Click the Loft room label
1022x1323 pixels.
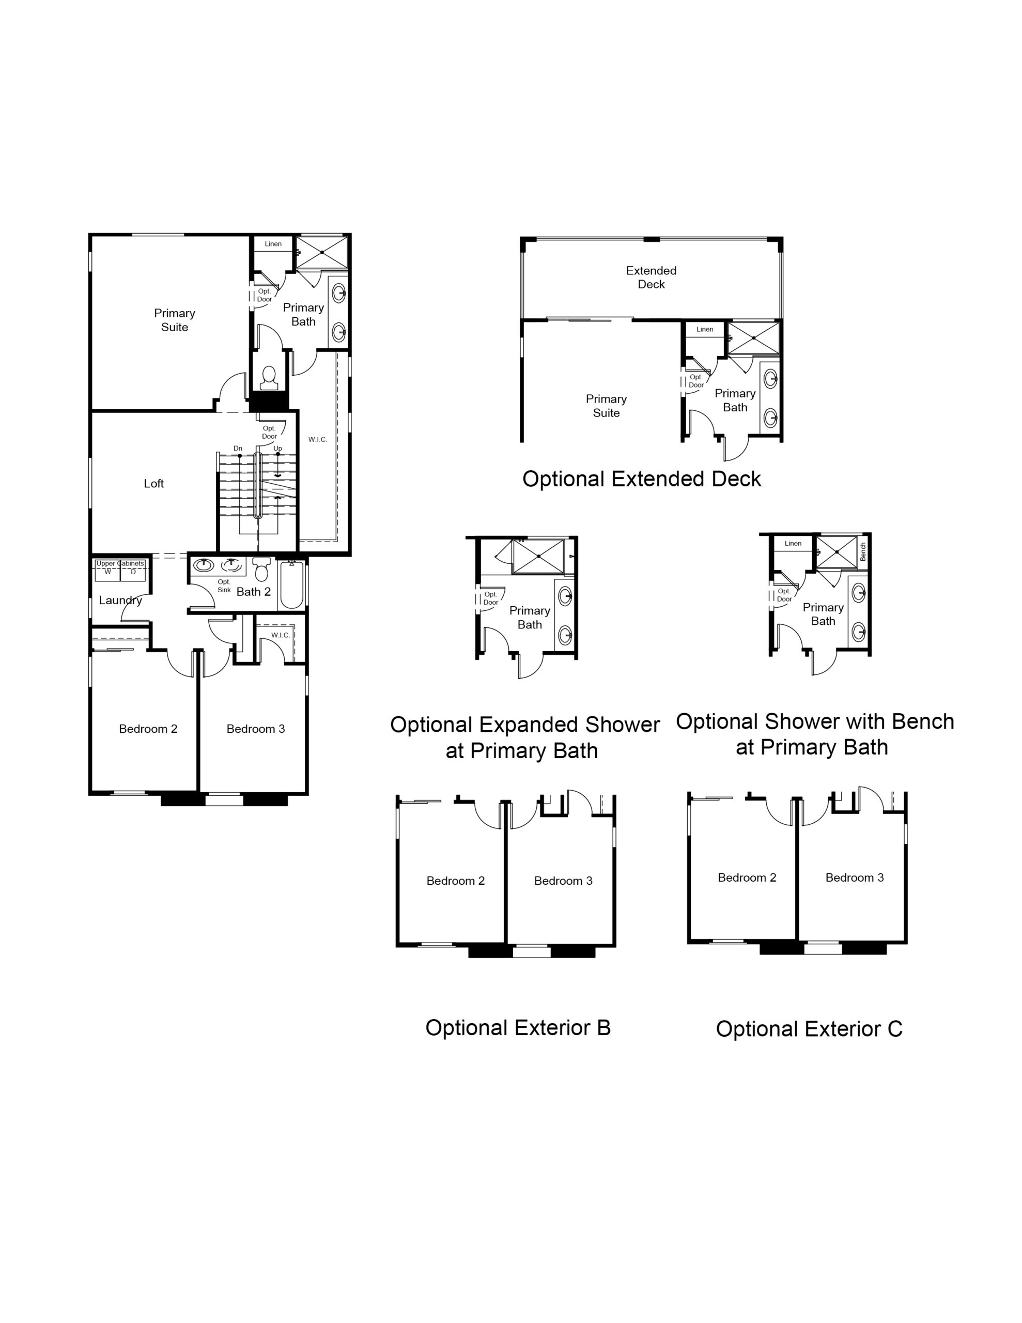click(154, 483)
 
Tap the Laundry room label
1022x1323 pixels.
click(120, 601)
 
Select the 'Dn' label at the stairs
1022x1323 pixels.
click(238, 448)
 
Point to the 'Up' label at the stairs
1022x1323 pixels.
click(277, 448)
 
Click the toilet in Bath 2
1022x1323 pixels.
click(261, 570)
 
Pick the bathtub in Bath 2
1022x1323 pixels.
click(291, 584)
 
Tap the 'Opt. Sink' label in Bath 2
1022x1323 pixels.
click(224, 586)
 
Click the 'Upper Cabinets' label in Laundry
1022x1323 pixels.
click(120, 563)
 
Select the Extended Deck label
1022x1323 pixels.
click(651, 278)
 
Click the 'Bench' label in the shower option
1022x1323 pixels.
click(863, 551)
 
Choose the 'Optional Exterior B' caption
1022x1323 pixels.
click(518, 1027)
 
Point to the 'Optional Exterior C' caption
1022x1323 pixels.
click(809, 1028)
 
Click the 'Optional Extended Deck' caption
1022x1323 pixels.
click(642, 479)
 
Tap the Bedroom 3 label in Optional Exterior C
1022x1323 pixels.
click(855, 878)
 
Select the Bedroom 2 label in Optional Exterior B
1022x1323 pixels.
click(456, 881)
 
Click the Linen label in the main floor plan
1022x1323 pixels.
click(273, 244)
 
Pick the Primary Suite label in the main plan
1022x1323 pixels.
click(175, 320)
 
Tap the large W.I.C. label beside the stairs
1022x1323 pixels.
click(317, 439)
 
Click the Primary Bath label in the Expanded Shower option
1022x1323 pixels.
click(530, 617)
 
